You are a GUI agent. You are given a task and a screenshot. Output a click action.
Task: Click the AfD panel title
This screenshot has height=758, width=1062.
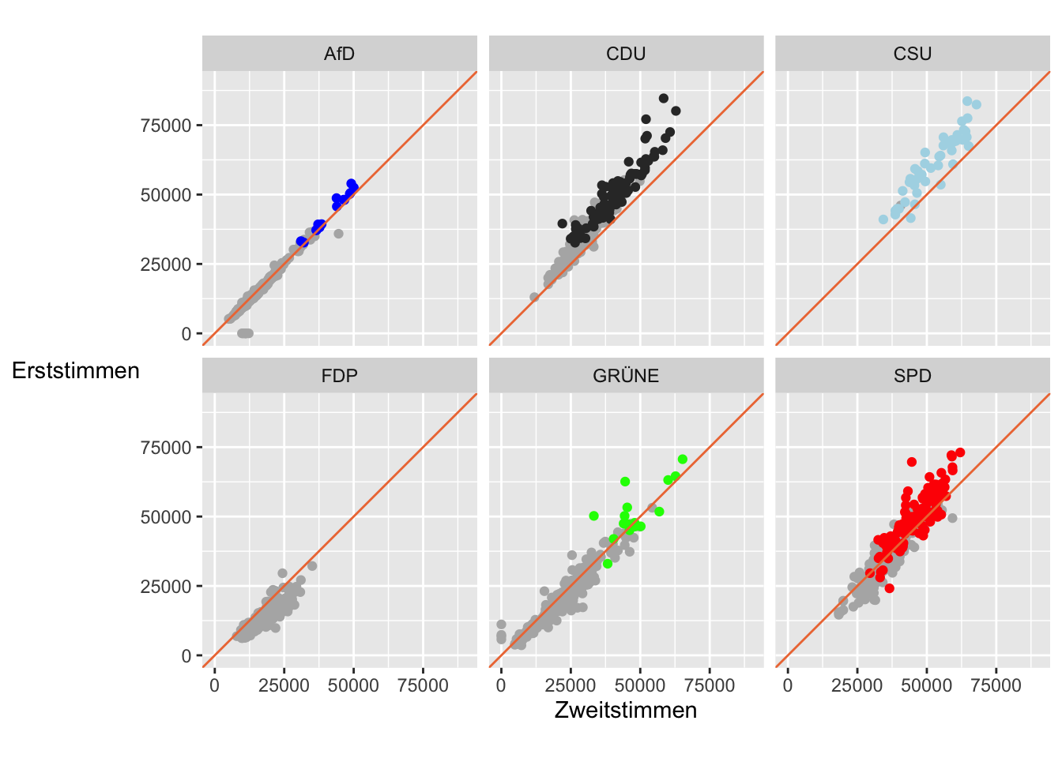coord(339,54)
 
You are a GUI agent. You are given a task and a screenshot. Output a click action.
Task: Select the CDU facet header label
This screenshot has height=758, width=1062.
coord(626,54)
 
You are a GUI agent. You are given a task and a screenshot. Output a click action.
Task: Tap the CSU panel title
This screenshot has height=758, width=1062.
coord(913,54)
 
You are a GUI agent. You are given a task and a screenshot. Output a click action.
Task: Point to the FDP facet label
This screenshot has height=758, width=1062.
coord(339,376)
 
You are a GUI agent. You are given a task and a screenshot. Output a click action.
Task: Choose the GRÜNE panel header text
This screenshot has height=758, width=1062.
coord(626,376)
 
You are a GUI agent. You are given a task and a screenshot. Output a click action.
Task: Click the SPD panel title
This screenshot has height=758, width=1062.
coord(913,376)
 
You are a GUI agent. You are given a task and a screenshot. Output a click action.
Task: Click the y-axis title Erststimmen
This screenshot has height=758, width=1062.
coord(76,370)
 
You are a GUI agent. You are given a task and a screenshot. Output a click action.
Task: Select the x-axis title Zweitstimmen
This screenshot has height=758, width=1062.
coord(626,710)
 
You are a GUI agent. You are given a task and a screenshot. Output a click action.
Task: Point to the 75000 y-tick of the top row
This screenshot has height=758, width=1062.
coord(166,126)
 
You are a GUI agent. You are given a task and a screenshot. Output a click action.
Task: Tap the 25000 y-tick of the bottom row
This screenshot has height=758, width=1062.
coord(166,587)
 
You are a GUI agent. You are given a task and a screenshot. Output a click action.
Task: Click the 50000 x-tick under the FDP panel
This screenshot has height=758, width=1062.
coord(353,685)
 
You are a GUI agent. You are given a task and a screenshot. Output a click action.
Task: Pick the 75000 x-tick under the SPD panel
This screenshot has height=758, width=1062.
coord(996,685)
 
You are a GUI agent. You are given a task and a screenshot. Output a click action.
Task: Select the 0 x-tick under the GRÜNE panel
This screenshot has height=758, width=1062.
coord(501,685)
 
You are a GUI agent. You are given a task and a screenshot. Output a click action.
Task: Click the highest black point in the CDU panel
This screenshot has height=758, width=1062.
coord(664,99)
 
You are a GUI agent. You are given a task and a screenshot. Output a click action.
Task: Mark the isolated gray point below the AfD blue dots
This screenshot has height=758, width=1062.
coord(338,234)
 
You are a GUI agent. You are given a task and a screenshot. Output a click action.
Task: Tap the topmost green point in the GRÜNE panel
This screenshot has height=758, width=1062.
coord(683,460)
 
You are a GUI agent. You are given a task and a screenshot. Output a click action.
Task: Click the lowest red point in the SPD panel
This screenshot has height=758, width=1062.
coord(889,588)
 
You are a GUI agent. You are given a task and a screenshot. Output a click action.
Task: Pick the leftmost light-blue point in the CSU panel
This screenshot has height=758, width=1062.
coord(883,220)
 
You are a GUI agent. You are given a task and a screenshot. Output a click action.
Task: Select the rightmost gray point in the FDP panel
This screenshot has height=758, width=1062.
coord(312,566)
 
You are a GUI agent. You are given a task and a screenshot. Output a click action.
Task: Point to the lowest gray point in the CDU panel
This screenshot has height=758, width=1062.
coord(534,298)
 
